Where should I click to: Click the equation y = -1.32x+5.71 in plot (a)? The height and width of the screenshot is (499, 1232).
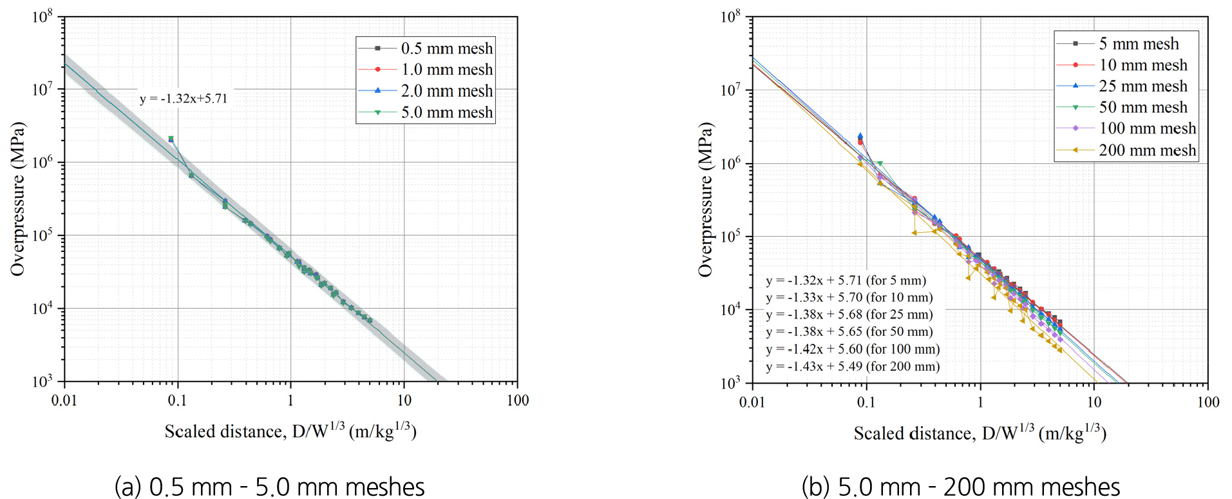click(184, 99)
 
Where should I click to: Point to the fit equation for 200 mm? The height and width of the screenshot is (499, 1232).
click(853, 366)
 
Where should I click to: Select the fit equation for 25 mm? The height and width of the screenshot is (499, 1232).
click(849, 315)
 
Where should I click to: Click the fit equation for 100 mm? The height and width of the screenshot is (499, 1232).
click(853, 349)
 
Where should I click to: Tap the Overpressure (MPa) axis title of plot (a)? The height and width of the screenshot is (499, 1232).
click(17, 199)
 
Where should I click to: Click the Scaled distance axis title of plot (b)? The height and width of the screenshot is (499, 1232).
click(980, 433)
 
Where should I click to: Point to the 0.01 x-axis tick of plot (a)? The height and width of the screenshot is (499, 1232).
click(64, 400)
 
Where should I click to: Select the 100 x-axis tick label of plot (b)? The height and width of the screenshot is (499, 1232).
click(1208, 402)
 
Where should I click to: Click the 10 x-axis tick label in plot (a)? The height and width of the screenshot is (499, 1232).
click(404, 400)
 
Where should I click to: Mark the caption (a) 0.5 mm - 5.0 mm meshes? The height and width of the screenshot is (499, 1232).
click(269, 486)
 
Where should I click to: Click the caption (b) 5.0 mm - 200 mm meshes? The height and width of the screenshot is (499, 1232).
click(960, 486)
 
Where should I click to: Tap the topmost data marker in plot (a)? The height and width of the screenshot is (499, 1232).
click(171, 139)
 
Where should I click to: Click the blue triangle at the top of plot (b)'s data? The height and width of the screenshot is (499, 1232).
click(860, 136)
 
